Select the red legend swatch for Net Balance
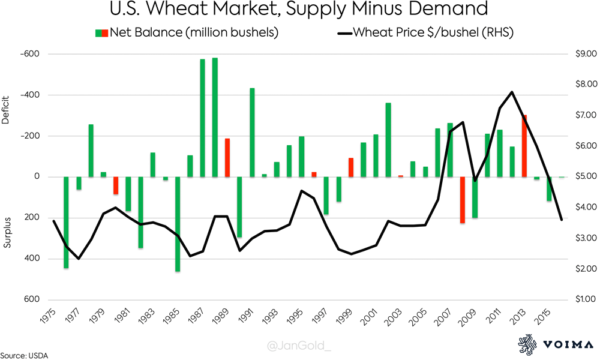point(105,32)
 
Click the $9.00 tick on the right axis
point(581,55)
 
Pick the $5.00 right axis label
point(581,177)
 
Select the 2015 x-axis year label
point(545,316)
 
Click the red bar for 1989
point(227,157)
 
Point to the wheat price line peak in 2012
point(511,92)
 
